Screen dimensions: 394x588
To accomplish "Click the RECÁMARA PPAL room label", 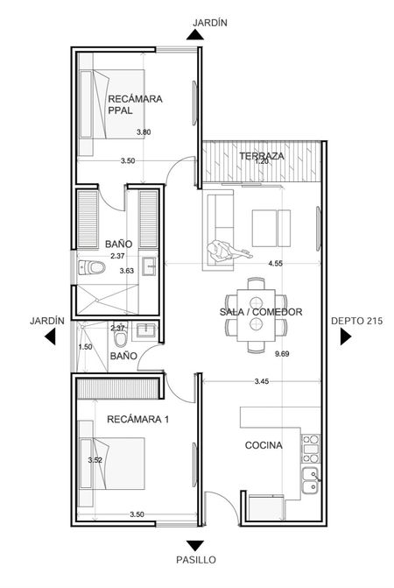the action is (135, 104).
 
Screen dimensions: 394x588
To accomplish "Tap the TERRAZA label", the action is (262, 156).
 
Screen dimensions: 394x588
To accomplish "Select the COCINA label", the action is (264, 445).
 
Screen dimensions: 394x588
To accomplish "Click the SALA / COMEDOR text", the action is (261, 312).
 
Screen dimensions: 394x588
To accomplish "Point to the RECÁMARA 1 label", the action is (137, 419).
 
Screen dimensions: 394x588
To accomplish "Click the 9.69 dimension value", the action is (282, 354).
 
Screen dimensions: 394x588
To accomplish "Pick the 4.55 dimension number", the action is (275, 263).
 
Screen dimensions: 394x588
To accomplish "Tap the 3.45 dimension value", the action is (262, 381).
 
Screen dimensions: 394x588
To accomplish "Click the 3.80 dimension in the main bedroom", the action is (144, 132).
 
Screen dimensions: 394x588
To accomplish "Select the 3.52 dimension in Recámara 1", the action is (95, 460).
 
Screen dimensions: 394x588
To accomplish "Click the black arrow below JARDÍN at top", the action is (195, 34).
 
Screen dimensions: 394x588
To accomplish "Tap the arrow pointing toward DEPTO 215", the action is (345, 337).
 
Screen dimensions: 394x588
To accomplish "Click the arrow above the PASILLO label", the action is (195, 546).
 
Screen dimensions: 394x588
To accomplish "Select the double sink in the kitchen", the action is (311, 481).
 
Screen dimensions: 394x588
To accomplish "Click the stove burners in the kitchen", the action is (311, 449).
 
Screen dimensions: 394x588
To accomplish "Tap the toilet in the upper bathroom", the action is (92, 268).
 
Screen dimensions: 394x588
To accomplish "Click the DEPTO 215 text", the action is (357, 321).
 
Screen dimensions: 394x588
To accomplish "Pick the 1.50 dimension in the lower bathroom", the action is (85, 347).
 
